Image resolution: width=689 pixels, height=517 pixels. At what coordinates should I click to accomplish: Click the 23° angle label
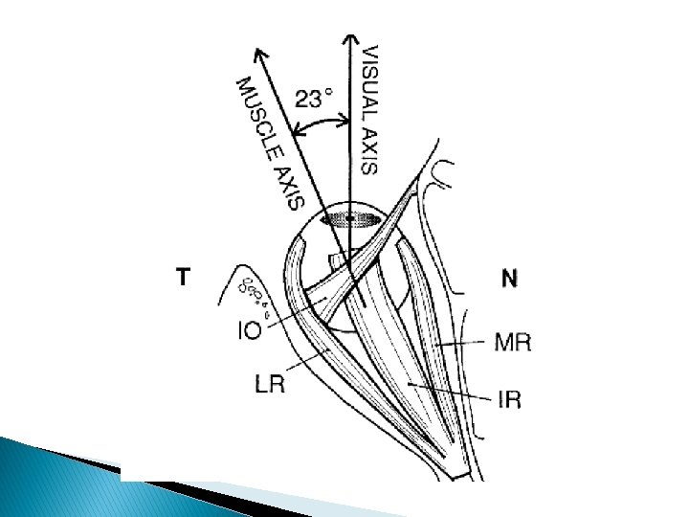[314, 98]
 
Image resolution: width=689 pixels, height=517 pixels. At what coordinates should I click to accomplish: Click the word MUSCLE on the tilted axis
[256, 113]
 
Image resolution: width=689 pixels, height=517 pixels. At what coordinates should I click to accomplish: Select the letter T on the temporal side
[183, 277]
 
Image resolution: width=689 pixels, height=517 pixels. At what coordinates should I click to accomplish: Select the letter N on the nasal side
[509, 279]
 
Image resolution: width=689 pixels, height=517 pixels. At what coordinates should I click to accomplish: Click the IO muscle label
[249, 331]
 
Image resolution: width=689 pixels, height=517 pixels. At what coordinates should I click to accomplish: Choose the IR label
[511, 399]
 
